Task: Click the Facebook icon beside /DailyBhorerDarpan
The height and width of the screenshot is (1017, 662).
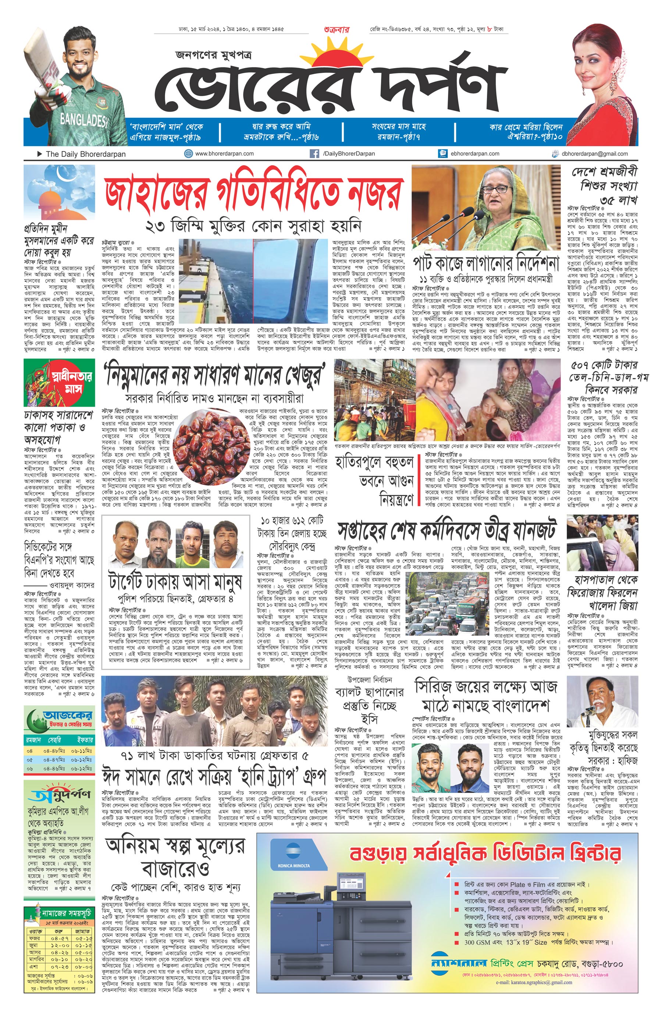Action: [x=314, y=153]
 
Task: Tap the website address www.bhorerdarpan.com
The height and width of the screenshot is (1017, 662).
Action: [x=224, y=153]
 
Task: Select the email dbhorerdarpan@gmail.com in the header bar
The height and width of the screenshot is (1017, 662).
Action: [x=595, y=154]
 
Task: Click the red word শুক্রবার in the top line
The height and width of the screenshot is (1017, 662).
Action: [x=337, y=30]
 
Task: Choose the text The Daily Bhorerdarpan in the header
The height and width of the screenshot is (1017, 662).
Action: [x=85, y=154]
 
